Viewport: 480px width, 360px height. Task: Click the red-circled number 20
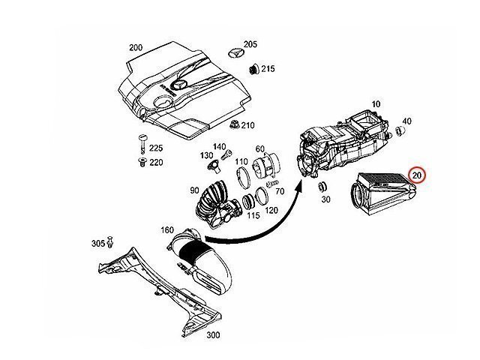pyautogui.click(x=417, y=175)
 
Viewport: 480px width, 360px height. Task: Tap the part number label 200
pyautogui.click(x=136, y=47)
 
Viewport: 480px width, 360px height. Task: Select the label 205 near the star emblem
pyautogui.click(x=250, y=44)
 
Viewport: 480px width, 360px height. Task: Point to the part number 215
pyautogui.click(x=268, y=69)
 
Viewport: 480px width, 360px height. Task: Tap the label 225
pyautogui.click(x=156, y=148)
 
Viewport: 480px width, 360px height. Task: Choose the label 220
pyautogui.click(x=156, y=161)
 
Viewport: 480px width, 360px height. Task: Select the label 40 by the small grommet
pyautogui.click(x=407, y=121)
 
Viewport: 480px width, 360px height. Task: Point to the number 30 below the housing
pyautogui.click(x=325, y=199)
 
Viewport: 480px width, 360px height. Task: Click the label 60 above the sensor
pyautogui.click(x=260, y=149)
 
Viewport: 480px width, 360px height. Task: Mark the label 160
pyautogui.click(x=167, y=229)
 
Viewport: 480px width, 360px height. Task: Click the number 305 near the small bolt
pyautogui.click(x=97, y=244)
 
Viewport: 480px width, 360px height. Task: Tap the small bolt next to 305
pyautogui.click(x=109, y=242)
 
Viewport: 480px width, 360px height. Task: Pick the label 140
pyautogui.click(x=219, y=146)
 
